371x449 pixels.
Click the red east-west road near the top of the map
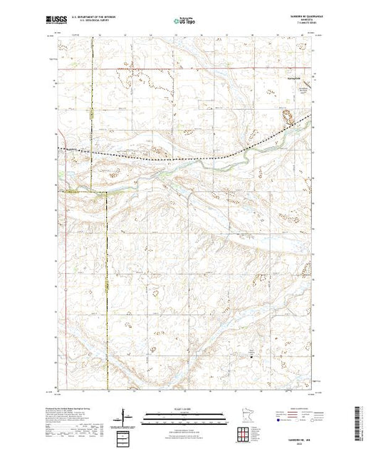click(x=178, y=69)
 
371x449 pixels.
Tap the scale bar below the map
click(x=185, y=415)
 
